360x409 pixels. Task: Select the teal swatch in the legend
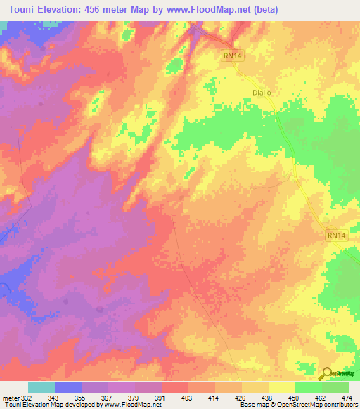pos(41,388)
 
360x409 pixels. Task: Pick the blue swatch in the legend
pos(68,388)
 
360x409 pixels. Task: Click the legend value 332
pos(27,398)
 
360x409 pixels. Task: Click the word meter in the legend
pos(11,398)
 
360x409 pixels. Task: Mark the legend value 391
pos(161,398)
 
